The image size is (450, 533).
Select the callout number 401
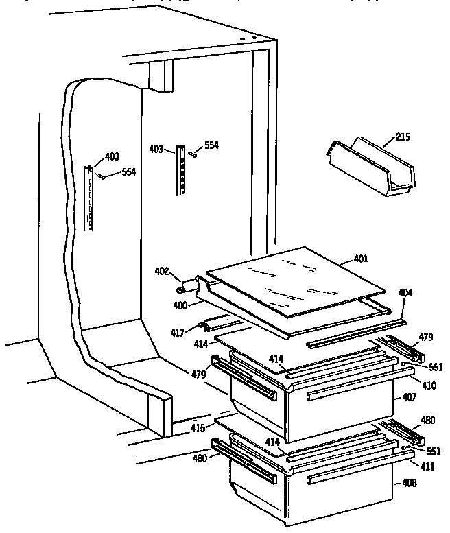[361, 259]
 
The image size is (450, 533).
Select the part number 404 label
[405, 293]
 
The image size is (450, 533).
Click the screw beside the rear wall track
[194, 154]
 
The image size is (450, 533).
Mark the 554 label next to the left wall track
[128, 172]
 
